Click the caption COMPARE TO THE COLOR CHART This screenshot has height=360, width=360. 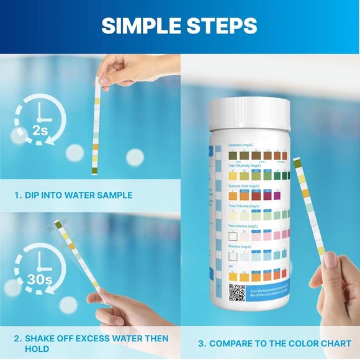(x=280, y=343)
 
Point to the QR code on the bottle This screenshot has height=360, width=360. (x=236, y=292)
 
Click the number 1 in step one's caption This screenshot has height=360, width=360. (x=17, y=195)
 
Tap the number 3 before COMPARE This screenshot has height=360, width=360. (x=201, y=343)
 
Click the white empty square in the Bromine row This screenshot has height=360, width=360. (x=233, y=254)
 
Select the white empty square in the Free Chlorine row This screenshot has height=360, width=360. (x=233, y=236)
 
